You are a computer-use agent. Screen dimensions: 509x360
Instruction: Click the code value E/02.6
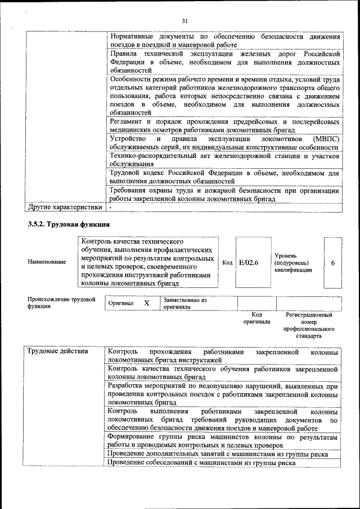pyautogui.click(x=248, y=263)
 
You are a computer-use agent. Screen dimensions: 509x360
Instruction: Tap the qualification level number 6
pyautogui.click(x=333, y=263)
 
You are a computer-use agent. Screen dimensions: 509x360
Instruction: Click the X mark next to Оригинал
pyautogui.click(x=147, y=303)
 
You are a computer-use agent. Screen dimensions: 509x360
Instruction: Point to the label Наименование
pyautogui.click(x=47, y=263)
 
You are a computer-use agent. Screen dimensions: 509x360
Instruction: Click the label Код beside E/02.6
pyautogui.click(x=227, y=263)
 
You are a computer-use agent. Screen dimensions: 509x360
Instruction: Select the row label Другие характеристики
pyautogui.click(x=65, y=206)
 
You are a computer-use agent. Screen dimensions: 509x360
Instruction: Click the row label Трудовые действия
pyautogui.click(x=58, y=352)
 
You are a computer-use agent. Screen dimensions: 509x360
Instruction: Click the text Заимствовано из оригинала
pyautogui.click(x=186, y=304)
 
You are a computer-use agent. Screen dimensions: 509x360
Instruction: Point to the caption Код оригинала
pyautogui.click(x=256, y=318)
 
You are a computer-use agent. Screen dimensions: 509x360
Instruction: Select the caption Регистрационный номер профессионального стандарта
pyautogui.click(x=309, y=326)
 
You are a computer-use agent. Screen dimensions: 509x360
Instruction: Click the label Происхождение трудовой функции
pyautogui.click(x=61, y=303)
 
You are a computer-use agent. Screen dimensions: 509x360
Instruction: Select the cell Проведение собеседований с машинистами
pyautogui.click(x=201, y=463)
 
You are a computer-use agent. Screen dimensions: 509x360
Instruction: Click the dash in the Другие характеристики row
pyautogui.click(x=111, y=207)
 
